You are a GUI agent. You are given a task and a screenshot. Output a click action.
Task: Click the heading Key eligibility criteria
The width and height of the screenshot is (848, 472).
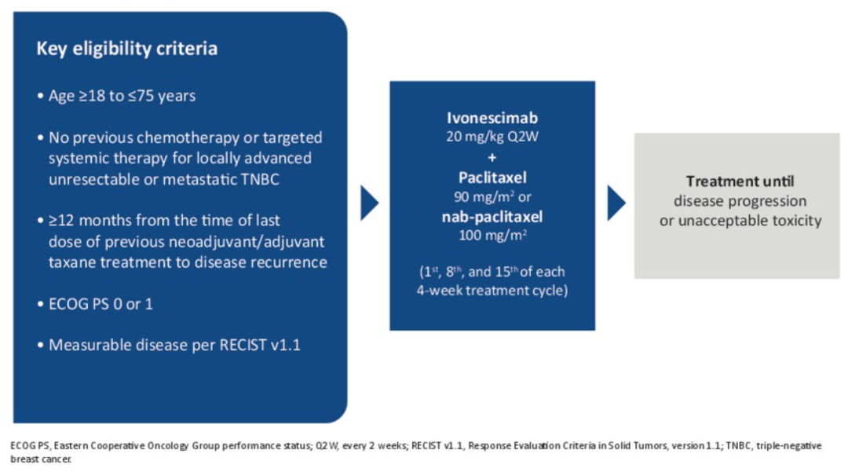coord(127,49)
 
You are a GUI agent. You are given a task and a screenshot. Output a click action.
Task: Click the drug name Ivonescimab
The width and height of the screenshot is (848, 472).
coord(492,118)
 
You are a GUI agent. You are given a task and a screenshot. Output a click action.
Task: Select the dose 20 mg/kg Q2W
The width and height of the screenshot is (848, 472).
coord(492,137)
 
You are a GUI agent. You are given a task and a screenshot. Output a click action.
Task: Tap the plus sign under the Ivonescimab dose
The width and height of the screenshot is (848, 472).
coord(492,157)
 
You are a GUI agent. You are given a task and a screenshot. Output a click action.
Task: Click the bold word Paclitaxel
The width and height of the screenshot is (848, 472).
coord(492,177)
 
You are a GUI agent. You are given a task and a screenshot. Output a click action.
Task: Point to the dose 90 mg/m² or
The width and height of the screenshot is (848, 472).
coord(492,197)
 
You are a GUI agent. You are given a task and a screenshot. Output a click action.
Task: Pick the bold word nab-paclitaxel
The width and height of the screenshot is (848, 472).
coord(492,217)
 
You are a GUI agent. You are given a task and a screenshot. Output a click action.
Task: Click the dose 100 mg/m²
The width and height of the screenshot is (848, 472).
coord(492,236)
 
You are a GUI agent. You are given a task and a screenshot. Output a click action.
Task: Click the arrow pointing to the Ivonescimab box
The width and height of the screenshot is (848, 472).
coord(369,203)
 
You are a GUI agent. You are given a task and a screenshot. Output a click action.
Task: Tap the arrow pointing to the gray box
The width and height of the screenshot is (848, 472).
coord(616,203)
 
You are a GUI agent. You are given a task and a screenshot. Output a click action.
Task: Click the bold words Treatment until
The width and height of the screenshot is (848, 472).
coord(740,181)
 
